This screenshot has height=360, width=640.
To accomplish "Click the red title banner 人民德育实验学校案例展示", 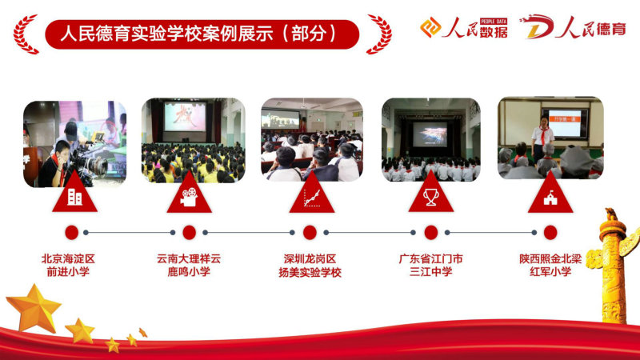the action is point(202,34).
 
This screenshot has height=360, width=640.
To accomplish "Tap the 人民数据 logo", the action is point(464,28).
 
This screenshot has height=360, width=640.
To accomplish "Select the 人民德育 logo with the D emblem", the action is point(572,27).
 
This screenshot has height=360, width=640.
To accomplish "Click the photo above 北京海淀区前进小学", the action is point(74,144).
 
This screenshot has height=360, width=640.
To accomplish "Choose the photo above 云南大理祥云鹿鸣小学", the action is point(193,140).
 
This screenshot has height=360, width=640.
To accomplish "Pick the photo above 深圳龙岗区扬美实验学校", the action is point(312,139).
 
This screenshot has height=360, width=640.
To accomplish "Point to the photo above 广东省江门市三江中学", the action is point(430,139).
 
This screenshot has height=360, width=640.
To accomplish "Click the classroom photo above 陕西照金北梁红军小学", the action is point(550,138).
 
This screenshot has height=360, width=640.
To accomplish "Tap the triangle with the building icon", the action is point(74,194).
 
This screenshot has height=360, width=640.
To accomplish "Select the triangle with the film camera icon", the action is point(189,194).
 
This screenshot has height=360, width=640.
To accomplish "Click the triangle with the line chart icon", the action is point(312,194).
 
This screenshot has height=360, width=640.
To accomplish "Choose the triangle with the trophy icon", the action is point(431,194).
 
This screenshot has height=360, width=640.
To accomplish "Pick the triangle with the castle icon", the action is point(550,194).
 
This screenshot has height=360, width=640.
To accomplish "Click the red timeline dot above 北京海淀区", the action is point(71,233).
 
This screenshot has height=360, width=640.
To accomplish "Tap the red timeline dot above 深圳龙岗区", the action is point(310,233).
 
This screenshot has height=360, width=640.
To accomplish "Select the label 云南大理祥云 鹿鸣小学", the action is point(189,265).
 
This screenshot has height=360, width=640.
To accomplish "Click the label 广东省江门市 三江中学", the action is point(430,265).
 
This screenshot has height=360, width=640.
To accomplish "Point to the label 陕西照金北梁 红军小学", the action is point(550,265).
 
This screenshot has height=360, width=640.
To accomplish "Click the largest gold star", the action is point(34,309).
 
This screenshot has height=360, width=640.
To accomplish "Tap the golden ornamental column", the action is point(613,266).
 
